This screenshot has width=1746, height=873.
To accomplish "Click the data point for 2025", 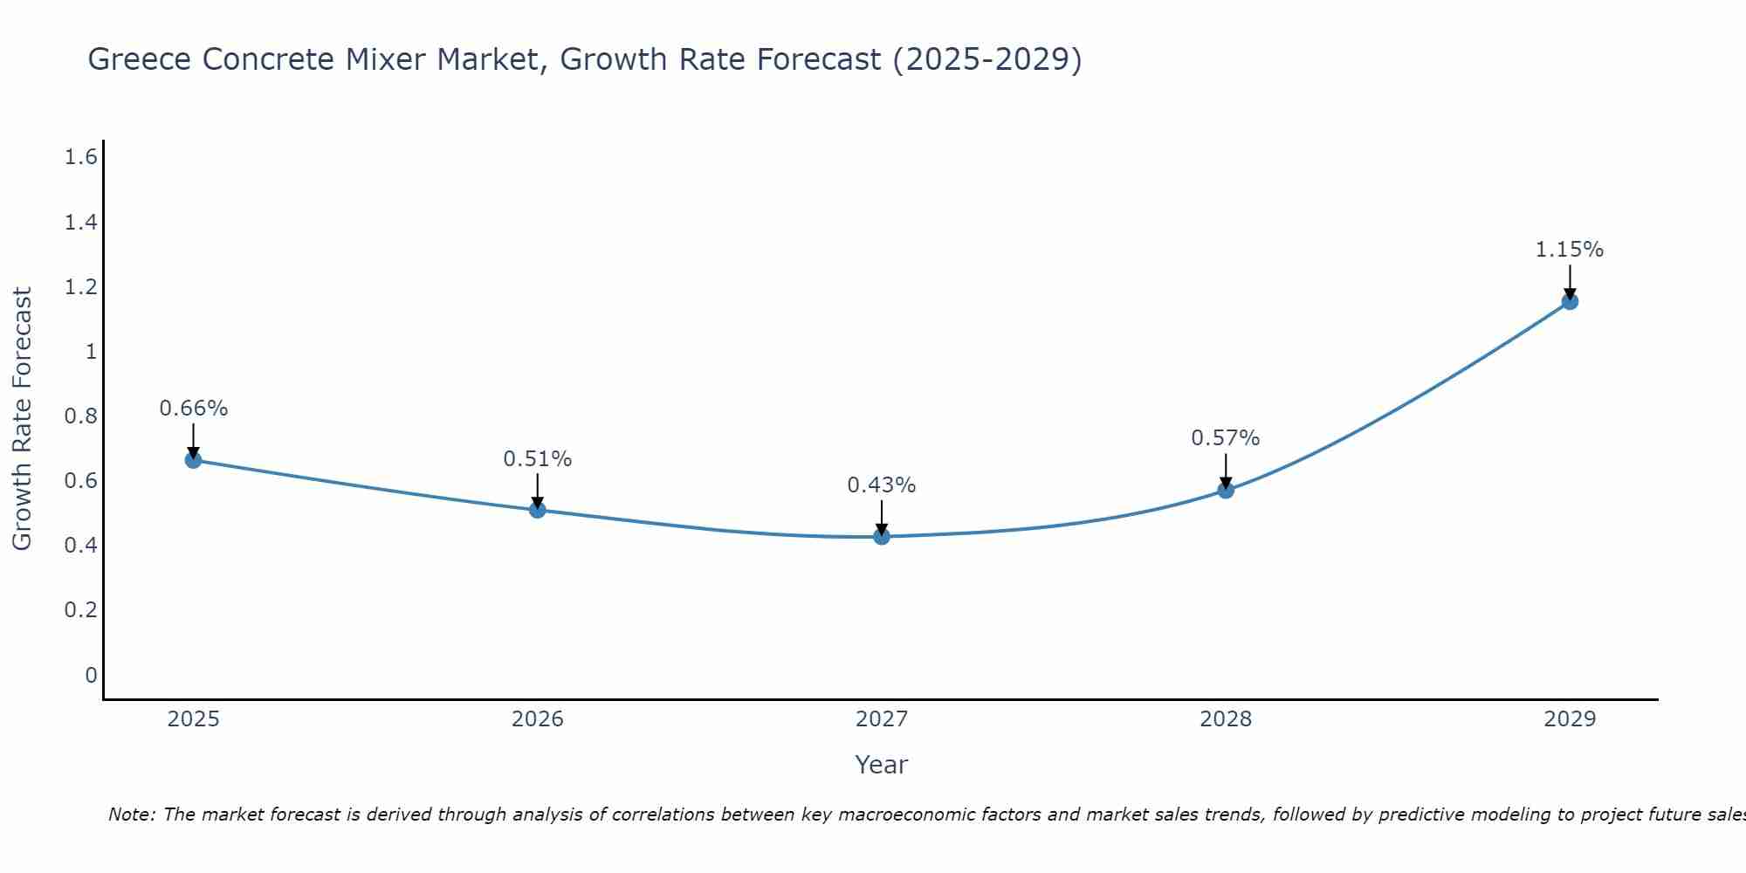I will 194,460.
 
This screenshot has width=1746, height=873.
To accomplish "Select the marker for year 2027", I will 882,536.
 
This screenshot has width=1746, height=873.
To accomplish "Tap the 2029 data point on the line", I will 1570,301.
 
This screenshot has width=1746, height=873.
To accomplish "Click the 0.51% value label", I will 537,459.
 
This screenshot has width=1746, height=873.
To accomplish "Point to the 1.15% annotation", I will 1570,250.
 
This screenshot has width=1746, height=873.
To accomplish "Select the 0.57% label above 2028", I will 1225,438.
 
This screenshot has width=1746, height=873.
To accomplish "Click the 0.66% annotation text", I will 194,409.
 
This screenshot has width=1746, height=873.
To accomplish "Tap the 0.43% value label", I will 882,485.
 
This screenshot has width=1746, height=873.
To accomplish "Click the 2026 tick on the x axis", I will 537,719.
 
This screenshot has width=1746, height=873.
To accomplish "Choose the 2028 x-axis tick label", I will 1225,719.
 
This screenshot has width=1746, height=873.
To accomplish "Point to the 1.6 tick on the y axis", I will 80,157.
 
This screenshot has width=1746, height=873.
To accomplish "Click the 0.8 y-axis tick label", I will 80,416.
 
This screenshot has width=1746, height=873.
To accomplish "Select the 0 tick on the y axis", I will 91,675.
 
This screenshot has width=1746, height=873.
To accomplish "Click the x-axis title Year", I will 882,765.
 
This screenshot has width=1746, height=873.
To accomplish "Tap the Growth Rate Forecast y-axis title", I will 22,419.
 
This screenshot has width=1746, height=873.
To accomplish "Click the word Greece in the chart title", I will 140,59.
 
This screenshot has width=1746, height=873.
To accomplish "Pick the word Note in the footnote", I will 130,815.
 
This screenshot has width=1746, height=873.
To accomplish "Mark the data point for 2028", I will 1226,490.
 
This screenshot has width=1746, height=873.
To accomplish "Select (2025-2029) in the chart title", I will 986,59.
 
